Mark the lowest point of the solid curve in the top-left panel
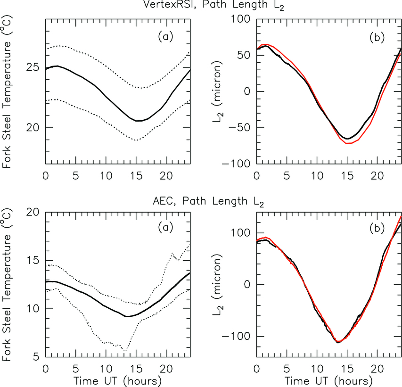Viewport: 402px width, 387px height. (138, 121)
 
